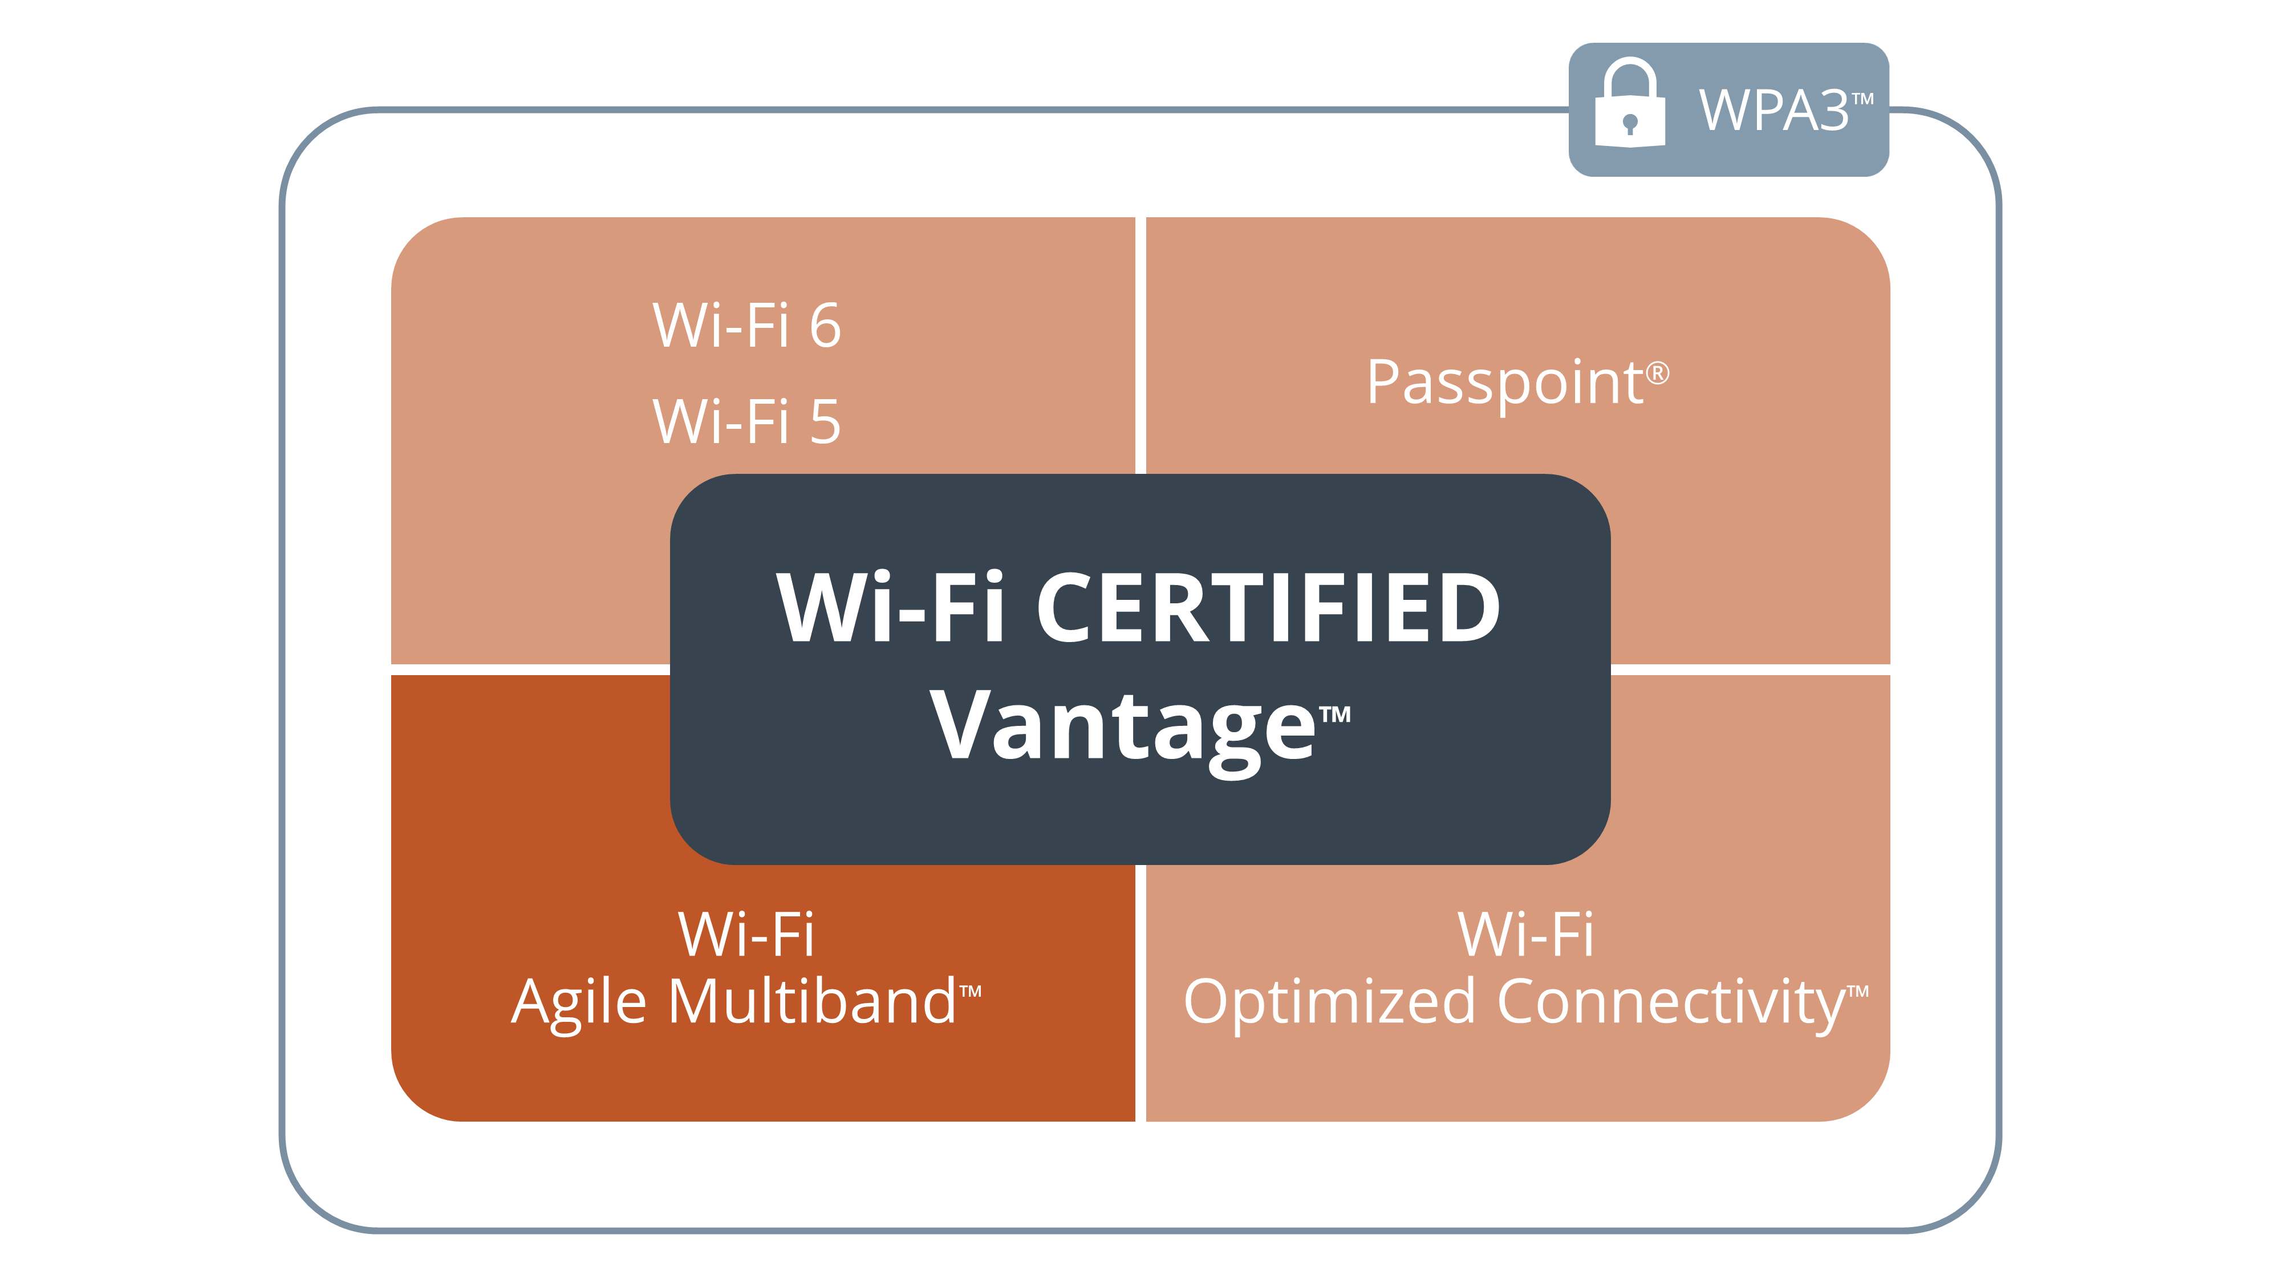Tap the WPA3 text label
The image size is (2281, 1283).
coord(1773,111)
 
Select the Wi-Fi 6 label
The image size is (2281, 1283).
coord(746,325)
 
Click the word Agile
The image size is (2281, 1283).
coord(579,1005)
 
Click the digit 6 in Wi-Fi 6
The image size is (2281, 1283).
coord(825,326)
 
